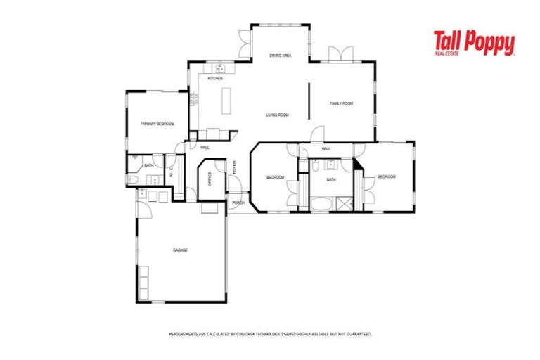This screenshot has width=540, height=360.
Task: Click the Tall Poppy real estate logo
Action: [x=473, y=44]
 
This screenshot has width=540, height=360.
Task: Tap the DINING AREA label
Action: [x=281, y=55]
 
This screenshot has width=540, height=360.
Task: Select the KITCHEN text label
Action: [x=215, y=79]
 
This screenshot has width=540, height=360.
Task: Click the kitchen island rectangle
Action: [x=227, y=102]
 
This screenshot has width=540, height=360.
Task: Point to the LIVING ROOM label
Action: [x=277, y=115]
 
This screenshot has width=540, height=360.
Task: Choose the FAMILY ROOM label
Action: [x=341, y=103]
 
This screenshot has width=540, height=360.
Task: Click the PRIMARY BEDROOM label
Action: [x=157, y=124]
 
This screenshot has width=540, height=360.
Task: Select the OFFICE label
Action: [x=210, y=179]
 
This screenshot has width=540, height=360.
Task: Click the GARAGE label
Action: [x=180, y=250]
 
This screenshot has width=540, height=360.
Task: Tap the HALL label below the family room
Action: [x=326, y=149]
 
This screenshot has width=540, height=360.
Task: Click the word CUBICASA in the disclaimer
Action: [x=245, y=334]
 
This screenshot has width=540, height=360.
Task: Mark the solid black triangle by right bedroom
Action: [x=358, y=164]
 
